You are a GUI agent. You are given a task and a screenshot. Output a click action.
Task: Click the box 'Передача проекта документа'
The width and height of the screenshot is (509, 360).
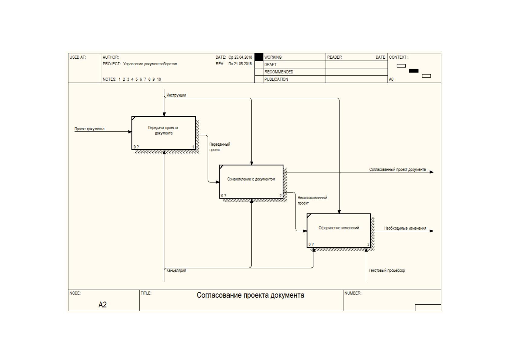pyautogui.click(x=164, y=133)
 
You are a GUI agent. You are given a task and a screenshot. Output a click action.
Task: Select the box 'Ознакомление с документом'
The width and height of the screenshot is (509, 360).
pyautogui.click(x=251, y=182)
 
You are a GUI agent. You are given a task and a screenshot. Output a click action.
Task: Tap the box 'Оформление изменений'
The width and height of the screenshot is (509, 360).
pyautogui.click(x=339, y=230)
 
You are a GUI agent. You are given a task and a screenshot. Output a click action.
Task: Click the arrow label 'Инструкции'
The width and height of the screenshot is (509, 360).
pyautogui.click(x=176, y=95)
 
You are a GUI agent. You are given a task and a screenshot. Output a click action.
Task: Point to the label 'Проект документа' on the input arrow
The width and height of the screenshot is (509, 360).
pyautogui.click(x=89, y=129)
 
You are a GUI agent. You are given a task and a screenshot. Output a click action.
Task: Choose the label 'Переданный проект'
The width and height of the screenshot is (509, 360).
pyautogui.click(x=220, y=147)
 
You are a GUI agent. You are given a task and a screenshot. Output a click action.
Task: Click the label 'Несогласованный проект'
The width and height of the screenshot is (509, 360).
pyautogui.click(x=313, y=200)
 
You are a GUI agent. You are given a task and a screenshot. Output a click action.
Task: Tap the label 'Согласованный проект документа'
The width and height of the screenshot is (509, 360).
pyautogui.click(x=397, y=170)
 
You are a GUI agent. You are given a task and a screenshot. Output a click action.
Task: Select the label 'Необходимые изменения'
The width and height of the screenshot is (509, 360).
pyautogui.click(x=405, y=228)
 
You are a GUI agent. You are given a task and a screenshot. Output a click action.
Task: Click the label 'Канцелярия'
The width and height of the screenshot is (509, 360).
pyautogui.click(x=176, y=271)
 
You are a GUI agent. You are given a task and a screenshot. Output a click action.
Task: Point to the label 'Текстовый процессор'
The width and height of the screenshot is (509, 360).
pyautogui.click(x=387, y=271)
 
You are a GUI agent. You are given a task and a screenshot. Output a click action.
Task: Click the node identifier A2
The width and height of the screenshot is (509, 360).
pyautogui.click(x=102, y=305)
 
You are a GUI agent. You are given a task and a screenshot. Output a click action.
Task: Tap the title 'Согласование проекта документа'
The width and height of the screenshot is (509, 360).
pyautogui.click(x=250, y=295)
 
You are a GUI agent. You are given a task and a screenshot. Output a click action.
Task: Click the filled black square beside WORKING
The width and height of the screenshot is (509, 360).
pyautogui.click(x=259, y=57)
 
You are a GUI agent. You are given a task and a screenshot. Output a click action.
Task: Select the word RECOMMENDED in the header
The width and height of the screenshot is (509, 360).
pyautogui.click(x=279, y=72)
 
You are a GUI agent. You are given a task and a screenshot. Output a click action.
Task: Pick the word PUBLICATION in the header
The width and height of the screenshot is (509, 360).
pyautogui.click(x=276, y=79)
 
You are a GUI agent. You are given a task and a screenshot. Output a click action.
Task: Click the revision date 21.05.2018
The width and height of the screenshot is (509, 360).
pyautogui.click(x=243, y=64)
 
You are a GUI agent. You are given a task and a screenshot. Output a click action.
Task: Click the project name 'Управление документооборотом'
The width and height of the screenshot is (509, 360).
pyautogui.click(x=150, y=64)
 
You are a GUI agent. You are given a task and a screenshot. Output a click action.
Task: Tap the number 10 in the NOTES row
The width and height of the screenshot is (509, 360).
pyautogui.click(x=159, y=79)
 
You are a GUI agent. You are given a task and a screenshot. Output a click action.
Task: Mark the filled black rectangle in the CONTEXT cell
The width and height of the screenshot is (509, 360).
pyautogui.click(x=414, y=71)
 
